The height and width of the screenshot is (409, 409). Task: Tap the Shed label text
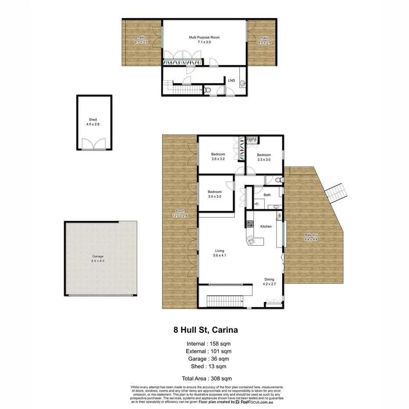click(x=93, y=120)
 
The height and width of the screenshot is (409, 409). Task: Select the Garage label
click(x=98, y=256)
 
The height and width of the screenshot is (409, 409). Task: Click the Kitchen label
click(x=266, y=226)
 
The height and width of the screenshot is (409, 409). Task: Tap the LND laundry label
click(x=231, y=80)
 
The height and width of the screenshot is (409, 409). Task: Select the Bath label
click(x=267, y=195)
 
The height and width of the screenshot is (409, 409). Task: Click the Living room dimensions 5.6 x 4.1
click(x=219, y=255)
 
